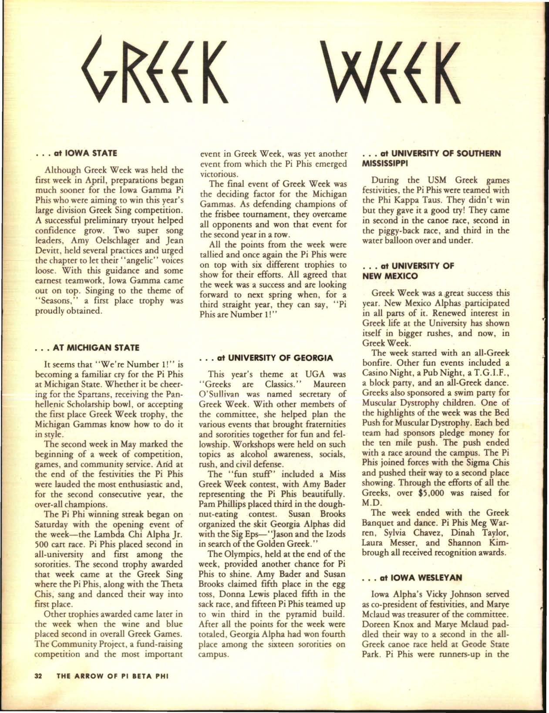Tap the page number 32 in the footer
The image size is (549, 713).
coord(38,688)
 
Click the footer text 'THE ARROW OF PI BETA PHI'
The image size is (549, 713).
coord(112,688)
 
